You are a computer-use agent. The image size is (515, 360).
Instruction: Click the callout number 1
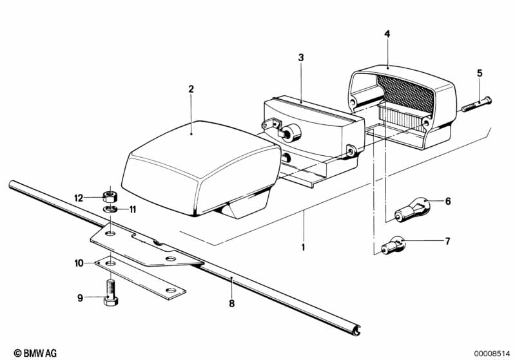303,247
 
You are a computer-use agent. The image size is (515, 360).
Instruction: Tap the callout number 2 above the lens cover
191,89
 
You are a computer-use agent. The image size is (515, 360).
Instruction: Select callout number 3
301,58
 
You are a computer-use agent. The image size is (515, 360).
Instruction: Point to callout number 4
387,33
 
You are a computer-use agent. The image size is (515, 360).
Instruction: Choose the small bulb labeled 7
393,245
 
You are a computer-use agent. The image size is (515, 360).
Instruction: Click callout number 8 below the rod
232,303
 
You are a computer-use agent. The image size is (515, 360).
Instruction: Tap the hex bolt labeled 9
111,292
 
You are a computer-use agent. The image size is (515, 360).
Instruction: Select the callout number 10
79,263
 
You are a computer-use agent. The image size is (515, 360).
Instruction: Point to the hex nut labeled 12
110,196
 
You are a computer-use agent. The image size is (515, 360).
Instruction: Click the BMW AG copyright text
35,353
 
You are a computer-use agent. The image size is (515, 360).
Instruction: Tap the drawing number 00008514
492,353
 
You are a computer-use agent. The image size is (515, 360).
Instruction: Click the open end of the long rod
356,331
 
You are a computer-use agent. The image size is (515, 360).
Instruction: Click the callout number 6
448,201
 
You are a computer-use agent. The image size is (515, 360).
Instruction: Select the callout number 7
447,242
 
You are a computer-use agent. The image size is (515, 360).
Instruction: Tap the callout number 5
480,73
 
